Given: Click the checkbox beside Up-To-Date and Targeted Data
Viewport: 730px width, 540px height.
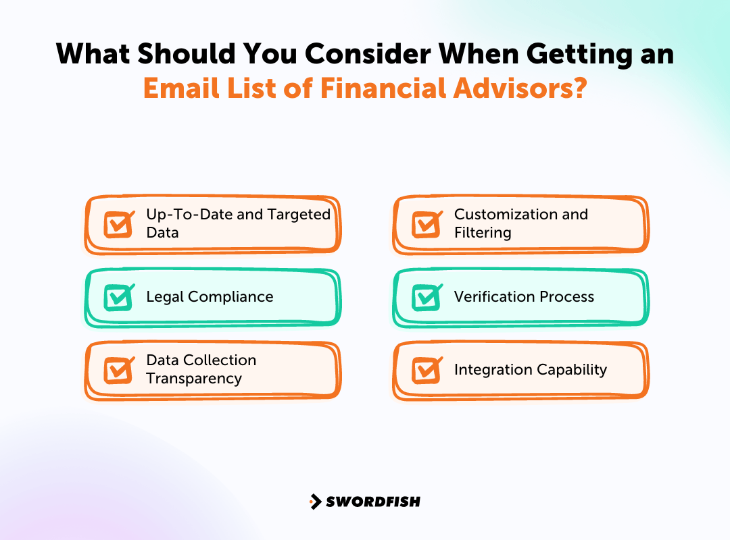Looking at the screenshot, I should pyautogui.click(x=119, y=224).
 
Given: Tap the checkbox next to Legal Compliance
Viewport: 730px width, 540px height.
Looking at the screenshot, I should pyautogui.click(x=119, y=297).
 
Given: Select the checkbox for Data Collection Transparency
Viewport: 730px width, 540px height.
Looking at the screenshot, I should pyautogui.click(x=119, y=369).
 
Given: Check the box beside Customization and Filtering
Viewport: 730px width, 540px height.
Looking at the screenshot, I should pyautogui.click(x=427, y=224).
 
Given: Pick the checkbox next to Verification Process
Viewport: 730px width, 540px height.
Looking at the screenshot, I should pyautogui.click(x=427, y=297).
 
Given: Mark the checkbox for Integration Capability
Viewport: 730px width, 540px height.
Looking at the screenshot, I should pyautogui.click(x=427, y=369).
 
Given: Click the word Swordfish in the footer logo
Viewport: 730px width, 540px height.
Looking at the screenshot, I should pyautogui.click(x=373, y=502).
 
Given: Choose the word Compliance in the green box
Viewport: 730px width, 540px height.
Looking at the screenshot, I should pyautogui.click(x=230, y=297).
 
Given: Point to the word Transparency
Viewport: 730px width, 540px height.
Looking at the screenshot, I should pyautogui.click(x=194, y=379).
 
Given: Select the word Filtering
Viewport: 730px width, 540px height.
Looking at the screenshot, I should pyautogui.click(x=483, y=233).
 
